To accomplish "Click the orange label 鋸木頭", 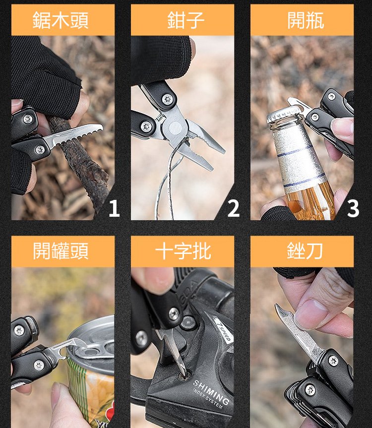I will [x=62, y=20].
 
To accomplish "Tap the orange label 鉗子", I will [x=183, y=20].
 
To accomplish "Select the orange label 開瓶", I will [x=302, y=20].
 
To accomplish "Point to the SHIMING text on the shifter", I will [x=211, y=392].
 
